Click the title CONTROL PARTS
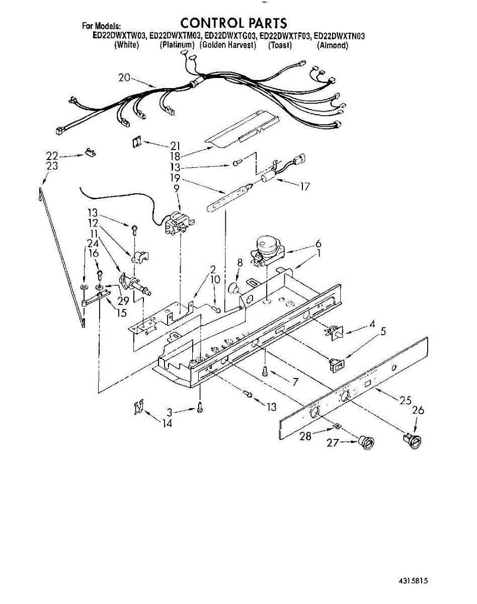coord(233,23)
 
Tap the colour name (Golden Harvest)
coord(228,45)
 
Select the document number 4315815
coord(412,581)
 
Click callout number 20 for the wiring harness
coord(124,78)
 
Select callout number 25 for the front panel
coord(405,401)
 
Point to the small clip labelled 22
coord(91,153)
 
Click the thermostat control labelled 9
coord(178,222)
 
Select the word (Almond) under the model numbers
coord(333,45)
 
